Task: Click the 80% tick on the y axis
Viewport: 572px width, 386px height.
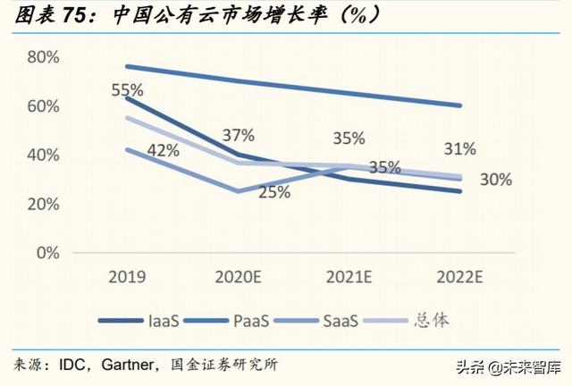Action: [x=43, y=57]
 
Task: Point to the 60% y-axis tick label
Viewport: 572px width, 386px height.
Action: [x=43, y=106]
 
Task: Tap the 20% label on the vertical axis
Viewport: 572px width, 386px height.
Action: [x=43, y=204]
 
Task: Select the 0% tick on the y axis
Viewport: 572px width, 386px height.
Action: [x=47, y=253]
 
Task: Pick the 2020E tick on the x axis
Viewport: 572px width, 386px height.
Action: [x=238, y=275]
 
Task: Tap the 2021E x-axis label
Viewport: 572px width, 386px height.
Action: [x=349, y=275]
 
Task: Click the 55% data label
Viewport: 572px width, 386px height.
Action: [x=129, y=90]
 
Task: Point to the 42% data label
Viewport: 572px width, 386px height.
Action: [x=163, y=150]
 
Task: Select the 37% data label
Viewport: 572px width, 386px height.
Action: [x=238, y=135]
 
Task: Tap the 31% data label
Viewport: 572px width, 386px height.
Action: [x=458, y=147]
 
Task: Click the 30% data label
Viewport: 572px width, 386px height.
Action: [x=495, y=180]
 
